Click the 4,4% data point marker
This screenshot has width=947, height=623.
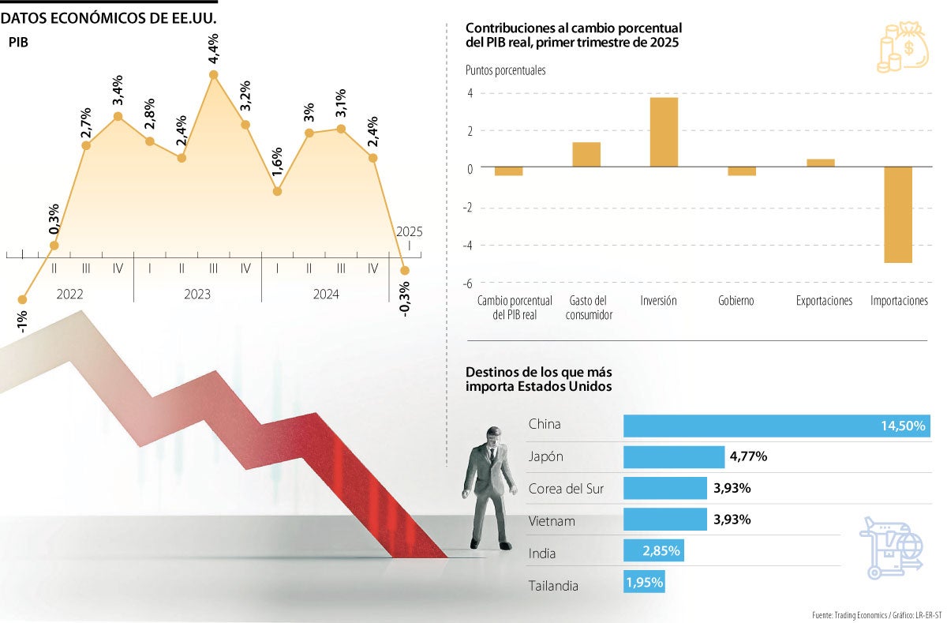(x=214, y=75)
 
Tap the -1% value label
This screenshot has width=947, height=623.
(x=23, y=323)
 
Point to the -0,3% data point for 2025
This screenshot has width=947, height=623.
(x=405, y=270)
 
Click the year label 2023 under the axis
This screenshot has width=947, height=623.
(x=197, y=295)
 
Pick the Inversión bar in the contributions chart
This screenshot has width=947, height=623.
(x=664, y=132)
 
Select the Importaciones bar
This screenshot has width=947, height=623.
(x=898, y=215)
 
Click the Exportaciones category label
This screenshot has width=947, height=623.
(x=824, y=302)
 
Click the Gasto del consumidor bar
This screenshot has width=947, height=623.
(x=586, y=155)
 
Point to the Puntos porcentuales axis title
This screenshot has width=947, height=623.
(x=505, y=70)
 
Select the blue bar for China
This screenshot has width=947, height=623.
(x=777, y=426)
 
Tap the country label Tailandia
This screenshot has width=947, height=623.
(x=553, y=587)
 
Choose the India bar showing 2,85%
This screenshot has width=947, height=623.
(x=653, y=550)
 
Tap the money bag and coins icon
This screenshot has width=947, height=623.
(x=904, y=49)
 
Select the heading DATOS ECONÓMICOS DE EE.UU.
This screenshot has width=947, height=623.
(x=109, y=17)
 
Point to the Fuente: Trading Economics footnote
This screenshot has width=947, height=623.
(x=875, y=614)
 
